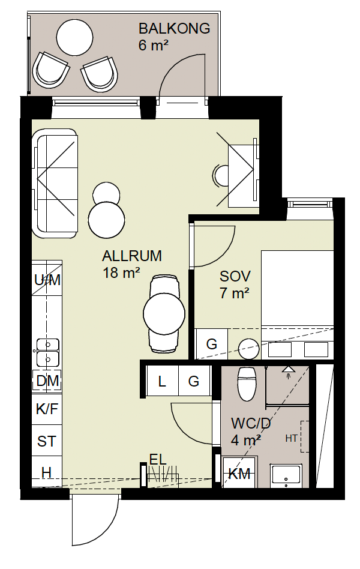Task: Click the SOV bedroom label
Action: coord(235,277)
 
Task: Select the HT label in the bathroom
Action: coord(292,438)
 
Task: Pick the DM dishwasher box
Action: coord(47,381)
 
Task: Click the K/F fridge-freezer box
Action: coord(47,410)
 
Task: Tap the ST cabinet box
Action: coord(47,442)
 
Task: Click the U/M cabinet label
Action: coord(47,280)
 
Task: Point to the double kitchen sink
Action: coord(47,352)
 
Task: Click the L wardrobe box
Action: coord(162,382)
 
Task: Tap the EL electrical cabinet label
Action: coord(157,460)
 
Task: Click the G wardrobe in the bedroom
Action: coord(211,344)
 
